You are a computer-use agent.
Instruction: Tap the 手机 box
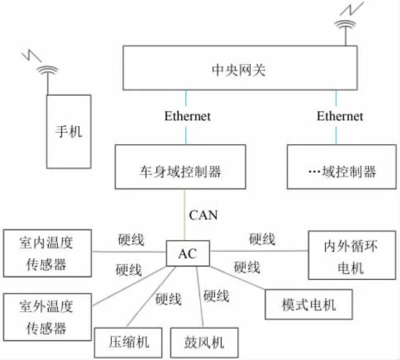point(68,131)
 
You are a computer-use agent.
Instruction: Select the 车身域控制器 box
point(180,167)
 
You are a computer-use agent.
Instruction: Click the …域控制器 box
point(342,167)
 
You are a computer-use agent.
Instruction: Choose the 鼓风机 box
point(204,342)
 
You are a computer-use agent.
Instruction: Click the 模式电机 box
point(308,304)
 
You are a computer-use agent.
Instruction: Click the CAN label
point(203,214)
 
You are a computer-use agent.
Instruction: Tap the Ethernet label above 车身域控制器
point(187,116)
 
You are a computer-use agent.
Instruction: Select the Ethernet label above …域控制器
point(339,116)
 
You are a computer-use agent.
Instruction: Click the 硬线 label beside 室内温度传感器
point(131,240)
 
